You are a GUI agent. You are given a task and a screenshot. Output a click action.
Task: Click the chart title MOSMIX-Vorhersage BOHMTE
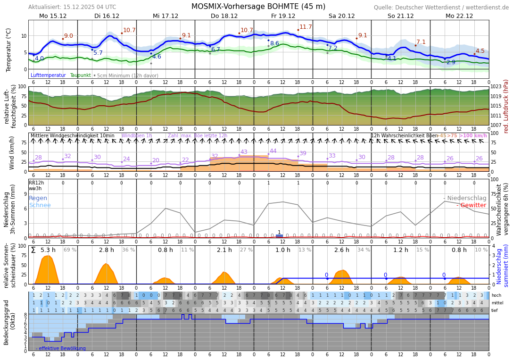pyautogui.click(x=258, y=7)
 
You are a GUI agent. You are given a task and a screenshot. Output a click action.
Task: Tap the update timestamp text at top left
pyautogui.click(x=72, y=7)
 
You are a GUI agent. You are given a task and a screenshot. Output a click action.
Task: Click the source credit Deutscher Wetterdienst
pyautogui.click(x=441, y=8)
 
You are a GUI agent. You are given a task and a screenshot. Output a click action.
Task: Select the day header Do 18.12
pyautogui.click(x=224, y=16)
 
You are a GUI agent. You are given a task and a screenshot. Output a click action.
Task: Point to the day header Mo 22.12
pyautogui.click(x=459, y=16)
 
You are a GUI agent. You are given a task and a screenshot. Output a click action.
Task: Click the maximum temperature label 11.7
pyautogui.click(x=306, y=27)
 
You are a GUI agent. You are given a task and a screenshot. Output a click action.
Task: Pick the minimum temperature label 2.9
pyautogui.click(x=451, y=62)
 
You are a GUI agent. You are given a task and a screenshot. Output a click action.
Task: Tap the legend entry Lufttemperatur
pyautogui.click(x=48, y=75)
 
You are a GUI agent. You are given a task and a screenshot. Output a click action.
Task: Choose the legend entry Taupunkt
pyautogui.click(x=80, y=75)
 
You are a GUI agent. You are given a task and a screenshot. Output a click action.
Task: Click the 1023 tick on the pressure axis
pyautogui.click(x=496, y=87)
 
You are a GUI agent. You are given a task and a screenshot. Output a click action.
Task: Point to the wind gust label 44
pyautogui.click(x=273, y=151)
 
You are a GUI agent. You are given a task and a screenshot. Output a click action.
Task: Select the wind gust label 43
pyautogui.click(x=244, y=152)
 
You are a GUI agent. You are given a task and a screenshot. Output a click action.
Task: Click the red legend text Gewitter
pyautogui.click(x=473, y=205)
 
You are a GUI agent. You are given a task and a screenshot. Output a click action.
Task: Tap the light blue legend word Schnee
pyautogui.click(x=40, y=205)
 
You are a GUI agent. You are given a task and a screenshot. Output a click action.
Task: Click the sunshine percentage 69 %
pyautogui.click(x=70, y=250)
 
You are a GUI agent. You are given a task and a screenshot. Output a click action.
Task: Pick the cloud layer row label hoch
pyautogui.click(x=496, y=295)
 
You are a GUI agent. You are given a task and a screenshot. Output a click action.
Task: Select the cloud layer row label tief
pyautogui.click(x=495, y=310)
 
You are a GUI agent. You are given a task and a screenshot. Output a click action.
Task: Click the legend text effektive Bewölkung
pyautogui.click(x=62, y=349)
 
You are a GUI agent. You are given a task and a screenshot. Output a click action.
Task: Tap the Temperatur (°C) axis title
pyautogui.click(x=8, y=50)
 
